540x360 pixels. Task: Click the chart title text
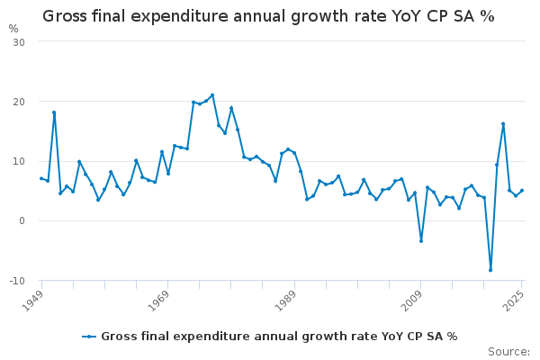(x=268, y=16)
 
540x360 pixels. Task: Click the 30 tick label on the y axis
(x=19, y=42)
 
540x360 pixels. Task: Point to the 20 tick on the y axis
(x=19, y=102)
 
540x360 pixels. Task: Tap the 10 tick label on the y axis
(x=19, y=161)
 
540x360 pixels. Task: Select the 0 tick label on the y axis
(x=22, y=221)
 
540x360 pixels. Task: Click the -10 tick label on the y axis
(x=17, y=281)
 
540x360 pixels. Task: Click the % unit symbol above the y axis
(x=13, y=28)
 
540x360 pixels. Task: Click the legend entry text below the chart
(x=279, y=337)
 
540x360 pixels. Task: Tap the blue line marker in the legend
(x=89, y=337)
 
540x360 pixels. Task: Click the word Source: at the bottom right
(x=509, y=351)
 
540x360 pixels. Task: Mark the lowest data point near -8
(x=490, y=270)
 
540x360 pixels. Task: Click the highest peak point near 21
(x=212, y=95)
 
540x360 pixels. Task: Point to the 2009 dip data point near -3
(x=420, y=240)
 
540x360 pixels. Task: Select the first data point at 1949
(x=41, y=178)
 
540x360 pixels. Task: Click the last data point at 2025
(x=522, y=191)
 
